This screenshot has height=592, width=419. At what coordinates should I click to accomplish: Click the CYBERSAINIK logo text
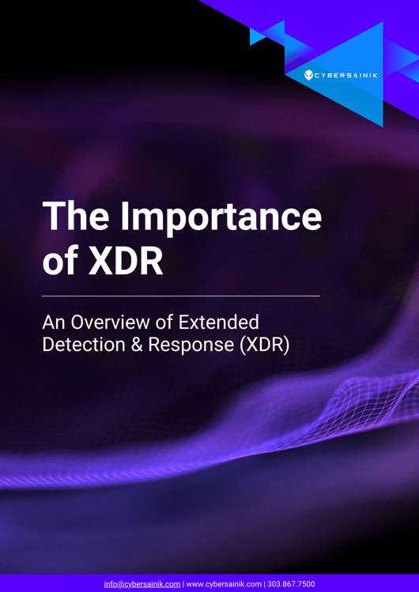tap(346, 76)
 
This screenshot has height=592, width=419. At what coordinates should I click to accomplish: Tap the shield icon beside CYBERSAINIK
tap(310, 76)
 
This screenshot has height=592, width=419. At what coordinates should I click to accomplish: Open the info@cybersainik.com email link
tap(142, 584)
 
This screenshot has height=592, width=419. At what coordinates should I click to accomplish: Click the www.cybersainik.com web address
tap(224, 584)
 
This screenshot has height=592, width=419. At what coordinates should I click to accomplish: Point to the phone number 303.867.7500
tap(293, 584)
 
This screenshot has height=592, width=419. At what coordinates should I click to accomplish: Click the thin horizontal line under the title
tap(180, 296)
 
